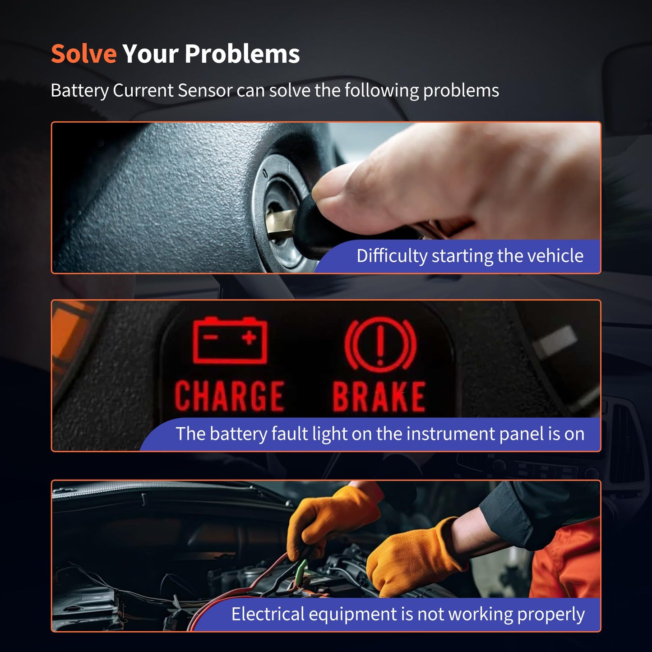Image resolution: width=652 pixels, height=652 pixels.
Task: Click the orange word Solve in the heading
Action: tap(84, 54)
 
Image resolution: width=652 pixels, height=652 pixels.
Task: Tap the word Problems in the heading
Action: tap(242, 54)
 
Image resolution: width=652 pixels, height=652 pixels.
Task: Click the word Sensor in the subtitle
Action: tap(205, 90)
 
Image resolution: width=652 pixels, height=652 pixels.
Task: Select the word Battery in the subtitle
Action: tap(79, 91)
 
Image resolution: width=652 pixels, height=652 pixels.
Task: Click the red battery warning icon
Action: tap(230, 340)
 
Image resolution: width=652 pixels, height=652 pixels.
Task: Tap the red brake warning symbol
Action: tap(380, 345)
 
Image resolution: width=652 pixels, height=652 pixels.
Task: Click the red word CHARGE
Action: tap(229, 396)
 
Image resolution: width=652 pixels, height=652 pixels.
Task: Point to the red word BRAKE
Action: tap(379, 397)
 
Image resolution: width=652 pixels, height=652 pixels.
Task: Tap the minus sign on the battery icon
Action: tap(210, 337)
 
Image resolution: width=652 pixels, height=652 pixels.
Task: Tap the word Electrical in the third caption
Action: tap(268, 614)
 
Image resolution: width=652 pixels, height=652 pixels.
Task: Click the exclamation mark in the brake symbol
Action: tap(380, 345)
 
